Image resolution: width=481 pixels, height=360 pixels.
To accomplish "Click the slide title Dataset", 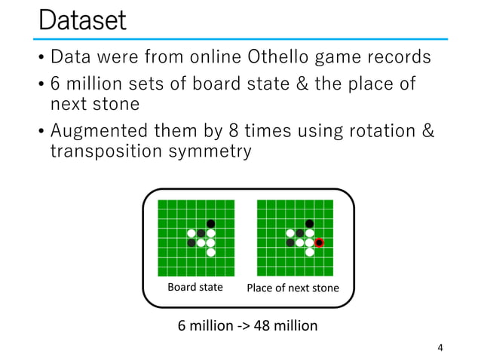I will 82,20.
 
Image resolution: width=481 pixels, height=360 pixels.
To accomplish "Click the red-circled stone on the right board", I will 319,243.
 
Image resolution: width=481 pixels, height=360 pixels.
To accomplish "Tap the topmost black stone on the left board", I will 210,223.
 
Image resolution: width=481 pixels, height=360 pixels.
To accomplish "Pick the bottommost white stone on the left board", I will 210,252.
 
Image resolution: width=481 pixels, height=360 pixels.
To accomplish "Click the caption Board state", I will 195,287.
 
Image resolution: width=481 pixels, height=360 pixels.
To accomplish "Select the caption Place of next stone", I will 293,288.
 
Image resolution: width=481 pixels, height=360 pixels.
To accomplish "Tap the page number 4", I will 440,347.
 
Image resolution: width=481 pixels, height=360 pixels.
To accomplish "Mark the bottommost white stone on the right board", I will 309,252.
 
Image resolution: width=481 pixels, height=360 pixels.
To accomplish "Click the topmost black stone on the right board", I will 309,223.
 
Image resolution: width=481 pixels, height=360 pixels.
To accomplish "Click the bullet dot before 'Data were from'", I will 41,57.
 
